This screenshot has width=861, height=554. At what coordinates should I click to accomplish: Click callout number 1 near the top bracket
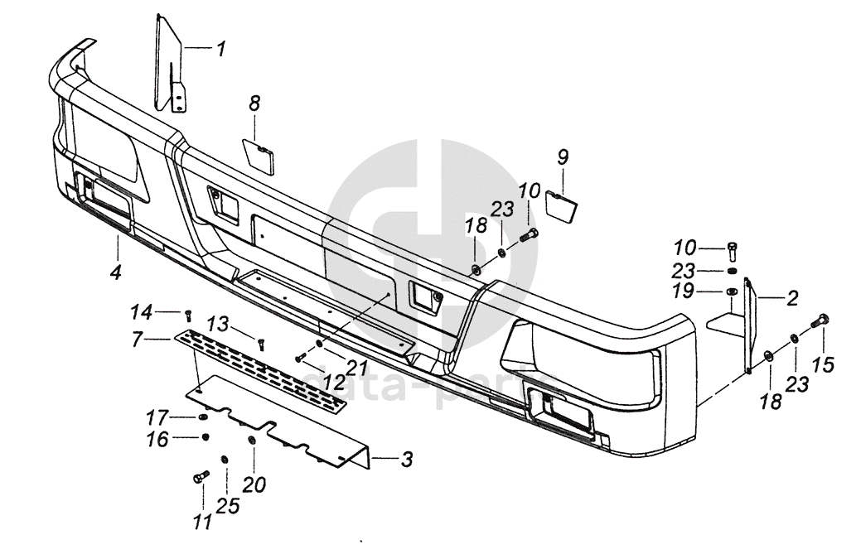tap(220, 50)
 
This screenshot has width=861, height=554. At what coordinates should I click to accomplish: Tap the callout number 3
tap(405, 459)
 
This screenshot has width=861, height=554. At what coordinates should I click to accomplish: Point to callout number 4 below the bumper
tap(116, 271)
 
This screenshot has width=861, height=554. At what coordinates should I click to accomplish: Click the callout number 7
tap(138, 339)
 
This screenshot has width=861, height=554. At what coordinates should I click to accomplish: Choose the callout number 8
tap(254, 104)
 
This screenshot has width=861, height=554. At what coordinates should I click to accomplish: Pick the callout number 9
tap(562, 157)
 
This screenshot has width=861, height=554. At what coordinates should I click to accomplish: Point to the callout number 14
tap(141, 311)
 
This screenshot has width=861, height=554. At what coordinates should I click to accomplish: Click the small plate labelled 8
tap(260, 155)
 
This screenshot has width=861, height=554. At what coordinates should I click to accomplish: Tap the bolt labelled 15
tap(822, 321)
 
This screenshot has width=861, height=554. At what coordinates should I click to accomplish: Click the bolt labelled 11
tap(201, 477)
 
